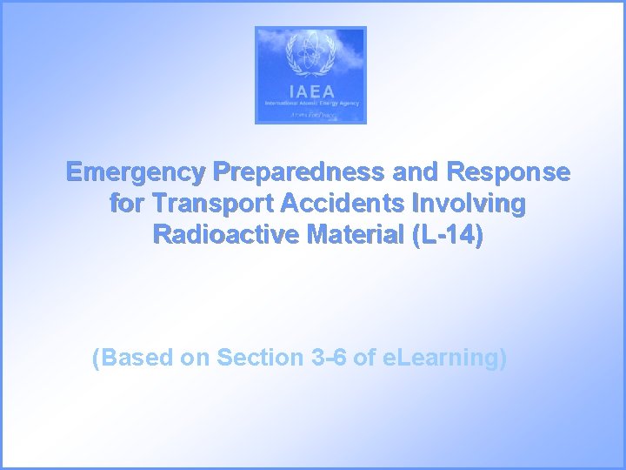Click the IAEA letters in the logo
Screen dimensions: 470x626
click(310, 91)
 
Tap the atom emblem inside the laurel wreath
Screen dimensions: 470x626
click(310, 57)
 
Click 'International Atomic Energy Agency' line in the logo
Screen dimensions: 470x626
click(310, 104)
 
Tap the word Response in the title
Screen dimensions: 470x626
click(508, 172)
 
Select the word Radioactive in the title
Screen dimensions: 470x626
click(224, 235)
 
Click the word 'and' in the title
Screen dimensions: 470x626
click(415, 172)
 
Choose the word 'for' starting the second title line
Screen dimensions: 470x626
click(128, 204)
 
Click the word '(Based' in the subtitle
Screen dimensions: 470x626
click(132, 358)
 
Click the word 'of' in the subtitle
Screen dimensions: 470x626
click(366, 358)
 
